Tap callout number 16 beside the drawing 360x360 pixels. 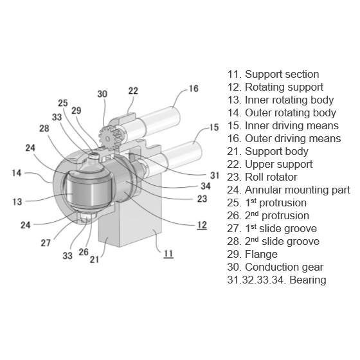(x=193, y=89)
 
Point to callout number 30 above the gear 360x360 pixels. (x=102, y=94)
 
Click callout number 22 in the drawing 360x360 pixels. (x=132, y=91)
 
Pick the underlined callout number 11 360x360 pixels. (x=168, y=253)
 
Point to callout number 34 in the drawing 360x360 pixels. (x=206, y=186)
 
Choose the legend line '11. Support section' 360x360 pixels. (x=273, y=74)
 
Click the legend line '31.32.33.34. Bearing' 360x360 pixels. (x=276, y=280)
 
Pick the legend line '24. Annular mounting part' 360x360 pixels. (x=289, y=190)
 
